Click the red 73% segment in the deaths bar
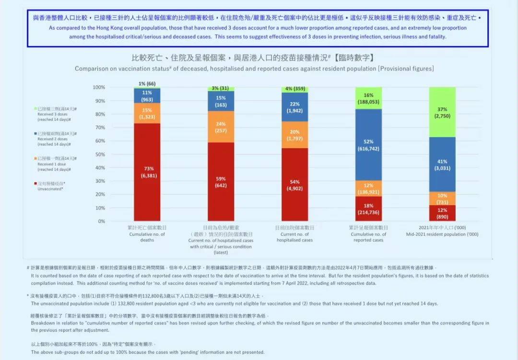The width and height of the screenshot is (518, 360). point(147,172)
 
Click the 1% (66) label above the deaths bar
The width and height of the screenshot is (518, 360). point(147,84)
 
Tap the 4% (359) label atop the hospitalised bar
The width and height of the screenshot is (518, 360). point(294,88)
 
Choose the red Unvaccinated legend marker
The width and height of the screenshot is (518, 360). point(35,184)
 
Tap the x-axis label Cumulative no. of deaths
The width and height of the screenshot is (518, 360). point(147,234)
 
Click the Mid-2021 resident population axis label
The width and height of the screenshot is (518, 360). point(442,234)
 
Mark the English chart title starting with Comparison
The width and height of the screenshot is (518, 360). point(254,69)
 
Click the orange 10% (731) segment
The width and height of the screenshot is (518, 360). point(442,198)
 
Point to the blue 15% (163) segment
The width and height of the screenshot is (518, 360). point(221,101)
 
